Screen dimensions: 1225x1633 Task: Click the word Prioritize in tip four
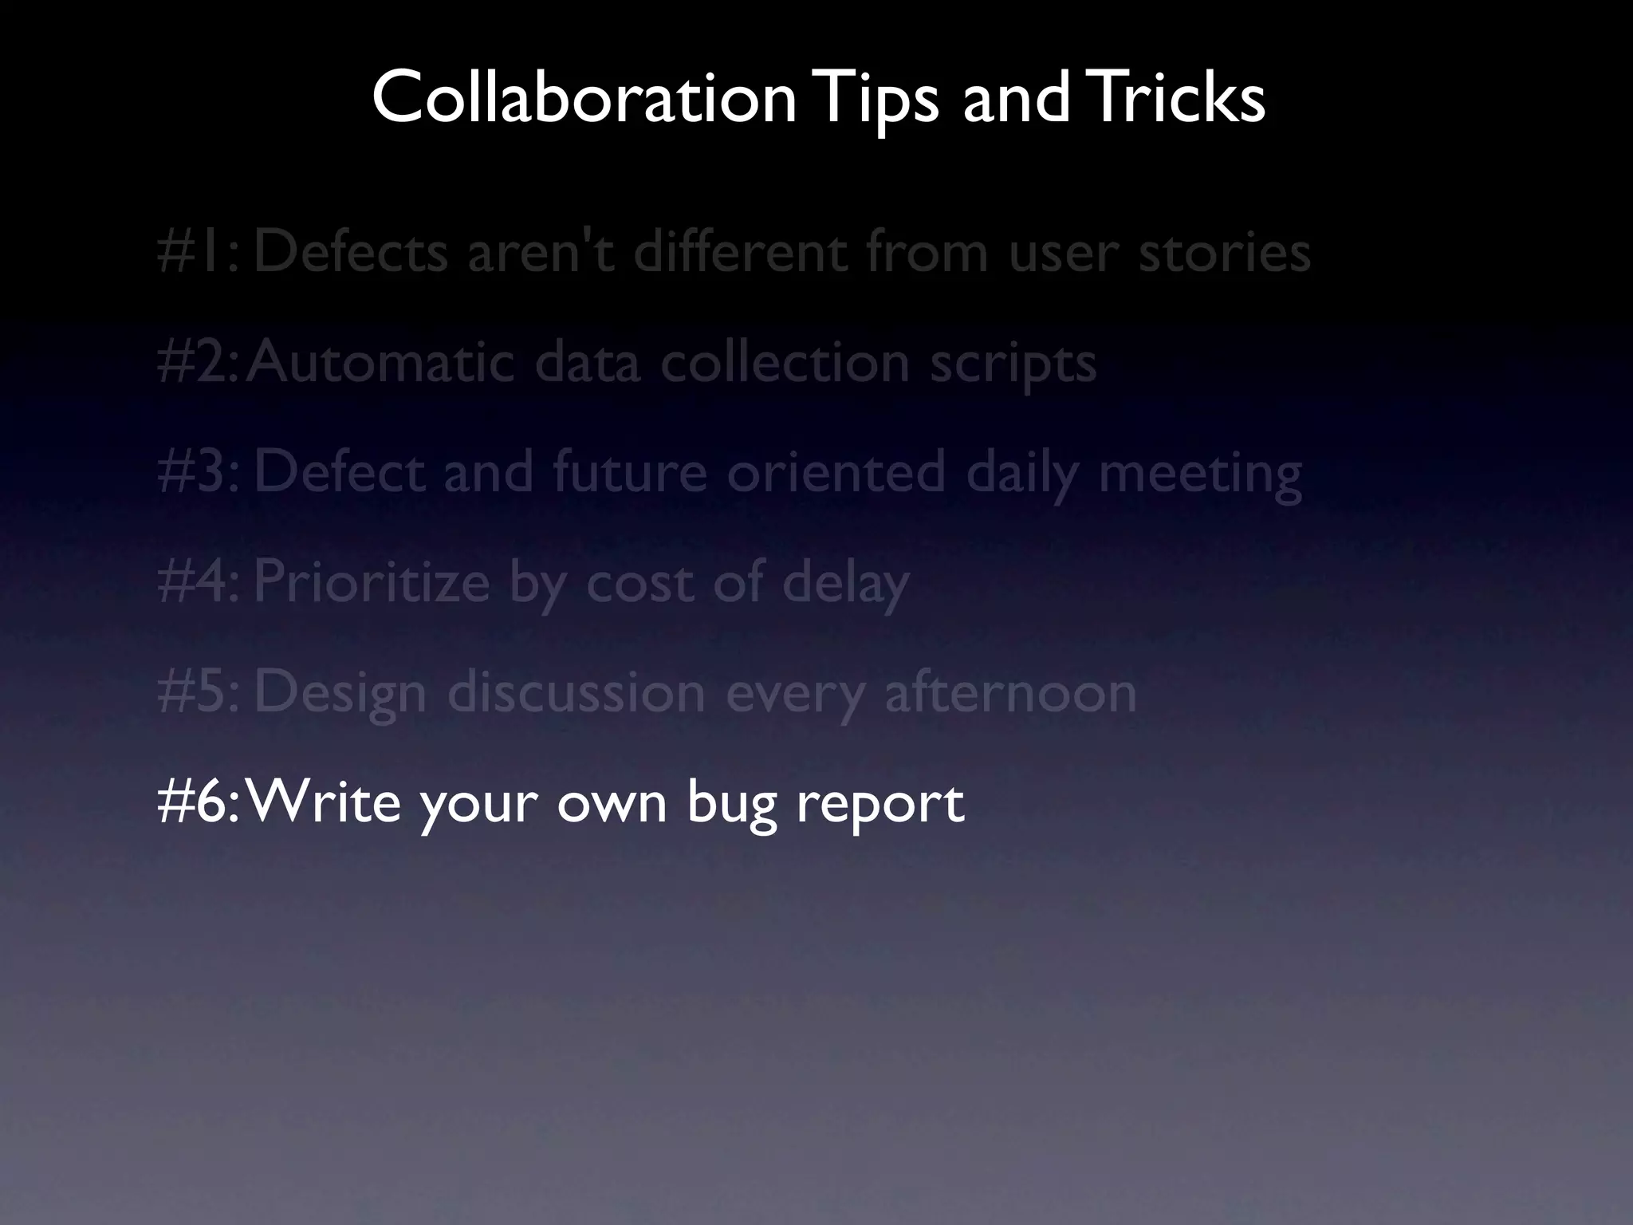coord(372,582)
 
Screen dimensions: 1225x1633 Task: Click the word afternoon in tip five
coord(1010,692)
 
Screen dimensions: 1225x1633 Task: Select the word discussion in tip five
coord(576,692)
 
